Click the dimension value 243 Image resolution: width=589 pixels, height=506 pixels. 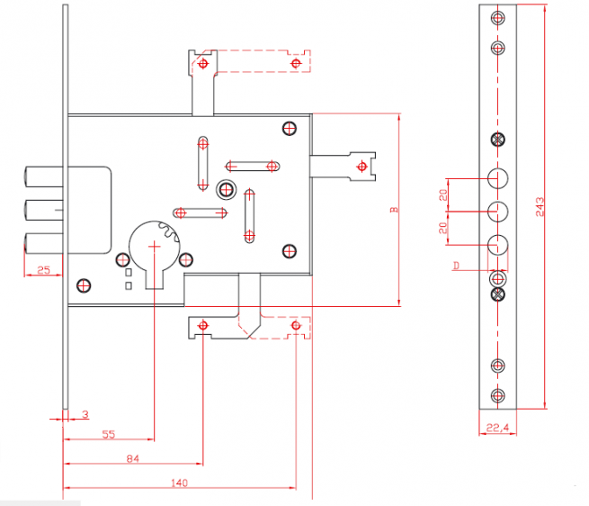click(540, 206)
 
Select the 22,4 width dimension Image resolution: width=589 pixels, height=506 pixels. click(497, 428)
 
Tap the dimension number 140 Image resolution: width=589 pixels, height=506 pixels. click(179, 483)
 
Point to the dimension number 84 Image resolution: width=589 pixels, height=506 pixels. click(132, 458)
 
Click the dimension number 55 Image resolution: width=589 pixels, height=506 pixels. click(109, 435)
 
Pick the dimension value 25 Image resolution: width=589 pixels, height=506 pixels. click(43, 270)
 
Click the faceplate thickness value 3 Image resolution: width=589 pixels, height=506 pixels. click(85, 414)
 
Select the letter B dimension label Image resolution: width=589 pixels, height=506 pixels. click(394, 210)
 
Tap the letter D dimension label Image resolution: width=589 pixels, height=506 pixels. click(456, 266)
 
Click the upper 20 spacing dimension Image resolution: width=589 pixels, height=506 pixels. click(443, 194)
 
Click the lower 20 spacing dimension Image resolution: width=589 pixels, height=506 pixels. click(443, 228)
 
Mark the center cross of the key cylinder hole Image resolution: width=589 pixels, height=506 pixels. click(154, 247)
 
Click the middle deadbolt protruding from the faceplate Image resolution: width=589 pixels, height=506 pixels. click(44, 210)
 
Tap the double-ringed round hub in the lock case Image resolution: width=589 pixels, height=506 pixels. click(226, 189)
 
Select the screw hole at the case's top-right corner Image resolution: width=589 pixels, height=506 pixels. click(290, 128)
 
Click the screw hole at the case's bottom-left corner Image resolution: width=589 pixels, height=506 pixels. click(84, 286)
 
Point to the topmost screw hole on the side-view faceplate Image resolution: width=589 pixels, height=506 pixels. click(497, 18)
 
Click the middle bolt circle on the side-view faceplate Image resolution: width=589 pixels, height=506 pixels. click(497, 212)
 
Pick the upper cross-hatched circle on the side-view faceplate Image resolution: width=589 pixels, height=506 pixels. click(497, 140)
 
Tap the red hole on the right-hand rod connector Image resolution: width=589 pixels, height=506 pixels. click(361, 167)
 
